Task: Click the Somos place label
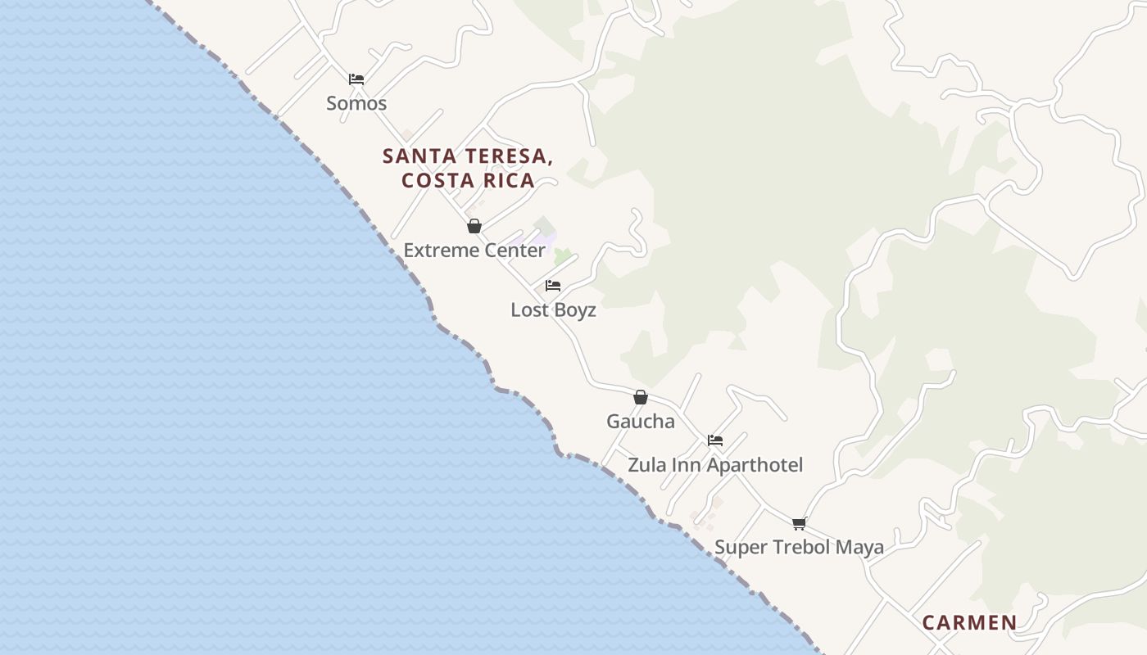coord(356,103)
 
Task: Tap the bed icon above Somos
coord(356,79)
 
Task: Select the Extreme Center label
coord(474,251)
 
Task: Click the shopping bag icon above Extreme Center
coord(474,226)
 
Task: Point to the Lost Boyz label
coord(553,310)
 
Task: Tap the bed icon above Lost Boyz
coord(553,286)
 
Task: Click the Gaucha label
coord(641,422)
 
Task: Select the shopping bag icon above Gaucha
coord(641,397)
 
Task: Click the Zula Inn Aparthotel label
coord(715,465)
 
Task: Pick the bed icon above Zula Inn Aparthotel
coord(715,440)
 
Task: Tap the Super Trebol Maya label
coord(799,547)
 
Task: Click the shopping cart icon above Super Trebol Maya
coord(799,523)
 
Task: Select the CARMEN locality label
coord(969,622)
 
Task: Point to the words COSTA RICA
coord(468,181)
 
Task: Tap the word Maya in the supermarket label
coord(859,547)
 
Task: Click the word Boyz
coord(575,310)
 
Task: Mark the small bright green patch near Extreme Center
coord(562,257)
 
